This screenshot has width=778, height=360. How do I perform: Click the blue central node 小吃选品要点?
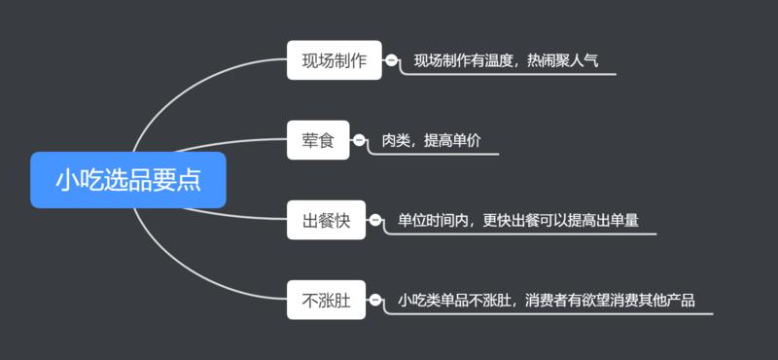127,180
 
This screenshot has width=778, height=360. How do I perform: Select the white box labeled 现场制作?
334,60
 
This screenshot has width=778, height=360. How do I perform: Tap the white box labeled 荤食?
317,141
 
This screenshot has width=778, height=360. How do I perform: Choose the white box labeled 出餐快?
326,222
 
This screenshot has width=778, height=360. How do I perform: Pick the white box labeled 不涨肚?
326,301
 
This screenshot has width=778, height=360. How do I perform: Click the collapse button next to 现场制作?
391,60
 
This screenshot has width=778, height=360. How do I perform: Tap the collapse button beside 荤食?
359,141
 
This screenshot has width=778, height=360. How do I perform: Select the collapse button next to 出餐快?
374,222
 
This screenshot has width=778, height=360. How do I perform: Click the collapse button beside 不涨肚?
374,301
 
